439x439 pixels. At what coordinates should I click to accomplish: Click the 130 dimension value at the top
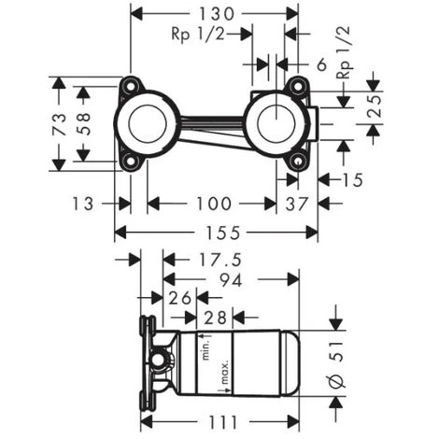pyautogui.click(x=217, y=14)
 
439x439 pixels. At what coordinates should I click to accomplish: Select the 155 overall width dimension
pyautogui.click(x=223, y=233)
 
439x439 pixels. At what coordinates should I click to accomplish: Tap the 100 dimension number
pyautogui.click(x=214, y=204)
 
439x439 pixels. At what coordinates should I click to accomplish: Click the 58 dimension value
pyautogui.click(x=84, y=123)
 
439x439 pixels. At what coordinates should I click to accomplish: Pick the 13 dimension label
pyautogui.click(x=82, y=204)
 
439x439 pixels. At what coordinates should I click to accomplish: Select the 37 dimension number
pyautogui.click(x=297, y=205)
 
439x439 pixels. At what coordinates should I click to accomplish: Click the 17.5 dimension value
pyautogui.click(x=219, y=261)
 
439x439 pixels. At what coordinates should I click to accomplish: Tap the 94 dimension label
pyautogui.click(x=231, y=280)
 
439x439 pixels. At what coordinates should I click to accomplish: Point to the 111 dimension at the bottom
pyautogui.click(x=222, y=422)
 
